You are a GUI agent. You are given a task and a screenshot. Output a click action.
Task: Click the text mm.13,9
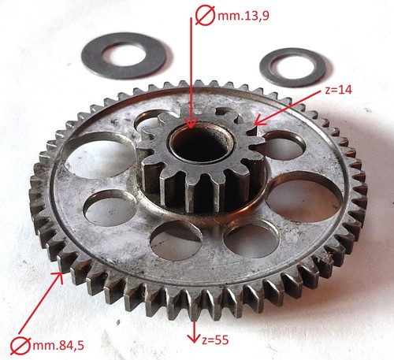click(x=243, y=17)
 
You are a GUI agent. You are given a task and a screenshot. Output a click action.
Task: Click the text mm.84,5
click(x=58, y=345)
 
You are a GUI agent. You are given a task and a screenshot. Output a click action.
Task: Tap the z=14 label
click(x=338, y=90)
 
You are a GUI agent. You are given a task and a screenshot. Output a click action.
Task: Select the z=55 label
click(x=215, y=340)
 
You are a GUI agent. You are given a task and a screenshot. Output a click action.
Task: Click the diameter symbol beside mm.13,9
click(x=205, y=17)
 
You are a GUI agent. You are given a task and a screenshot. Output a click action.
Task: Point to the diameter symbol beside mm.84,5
click(x=20, y=345)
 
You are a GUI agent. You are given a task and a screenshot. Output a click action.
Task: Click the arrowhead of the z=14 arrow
click(x=259, y=121)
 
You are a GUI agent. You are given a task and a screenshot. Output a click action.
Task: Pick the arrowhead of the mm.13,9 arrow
click(x=191, y=123)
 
